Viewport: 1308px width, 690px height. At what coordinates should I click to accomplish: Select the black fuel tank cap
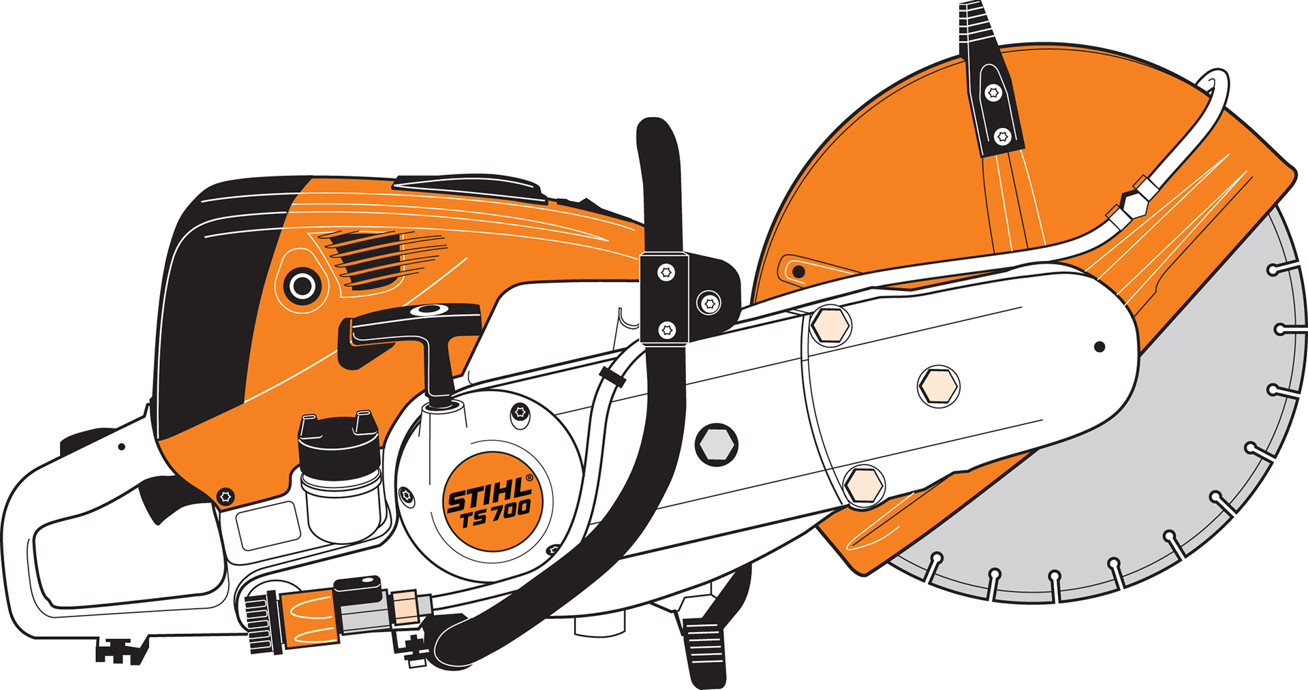[x=338, y=443]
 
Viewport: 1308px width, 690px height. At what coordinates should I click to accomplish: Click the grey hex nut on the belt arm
[x=716, y=444]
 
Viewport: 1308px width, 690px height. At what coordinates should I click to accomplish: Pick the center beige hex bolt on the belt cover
[x=938, y=386]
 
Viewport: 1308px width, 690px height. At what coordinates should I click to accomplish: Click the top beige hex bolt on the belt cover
[x=830, y=326]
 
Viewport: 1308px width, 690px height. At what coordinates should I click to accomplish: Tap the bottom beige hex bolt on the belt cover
[x=863, y=485]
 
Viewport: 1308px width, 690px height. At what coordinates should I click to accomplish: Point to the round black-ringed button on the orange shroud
[x=302, y=285]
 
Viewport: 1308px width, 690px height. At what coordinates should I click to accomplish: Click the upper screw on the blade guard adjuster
[x=993, y=93]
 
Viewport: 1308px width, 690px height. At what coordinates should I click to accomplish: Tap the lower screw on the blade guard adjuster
[x=1002, y=137]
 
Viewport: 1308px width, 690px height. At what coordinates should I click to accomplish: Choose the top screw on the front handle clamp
[x=666, y=272]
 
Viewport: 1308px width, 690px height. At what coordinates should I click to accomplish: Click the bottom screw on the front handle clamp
[x=667, y=330]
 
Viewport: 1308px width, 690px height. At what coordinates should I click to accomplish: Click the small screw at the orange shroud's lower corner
[x=225, y=496]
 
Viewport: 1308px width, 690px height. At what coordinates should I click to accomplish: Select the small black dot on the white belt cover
[x=1099, y=347]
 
